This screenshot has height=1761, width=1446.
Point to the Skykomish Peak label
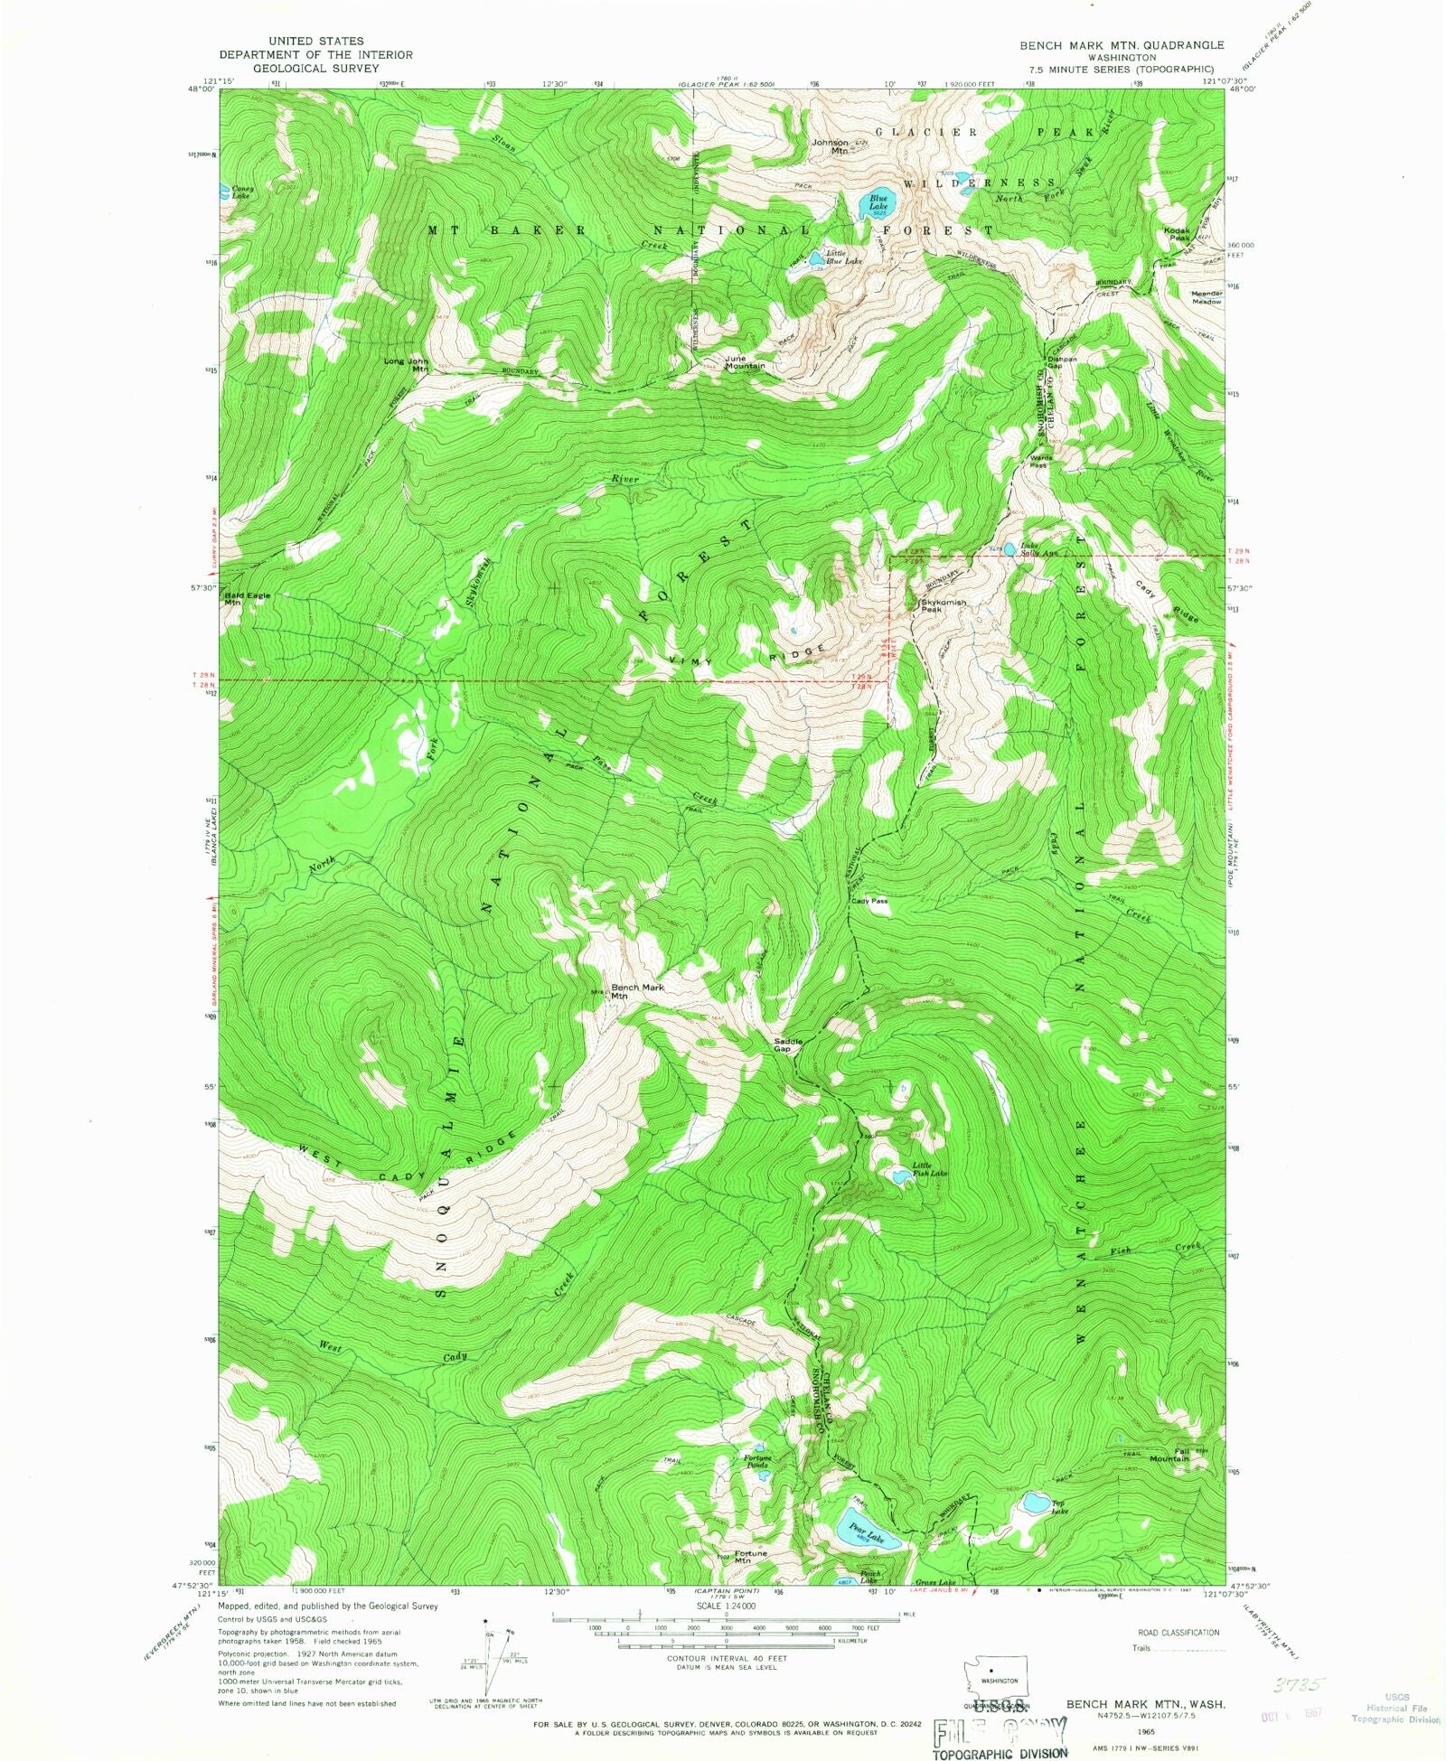tap(943, 605)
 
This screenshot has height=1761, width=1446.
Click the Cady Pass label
tap(869, 901)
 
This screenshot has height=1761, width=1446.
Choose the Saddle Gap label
tap(788, 1044)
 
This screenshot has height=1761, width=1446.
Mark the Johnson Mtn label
tap(831, 146)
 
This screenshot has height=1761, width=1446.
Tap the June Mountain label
tap(745, 361)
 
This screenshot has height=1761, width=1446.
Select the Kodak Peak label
tap(1177, 233)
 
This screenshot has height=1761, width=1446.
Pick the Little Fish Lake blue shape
tap(901, 1176)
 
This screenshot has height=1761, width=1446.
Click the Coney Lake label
tap(241, 192)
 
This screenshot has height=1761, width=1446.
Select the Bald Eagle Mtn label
tap(246, 598)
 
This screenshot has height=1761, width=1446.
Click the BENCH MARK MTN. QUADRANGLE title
tap(1122, 45)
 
